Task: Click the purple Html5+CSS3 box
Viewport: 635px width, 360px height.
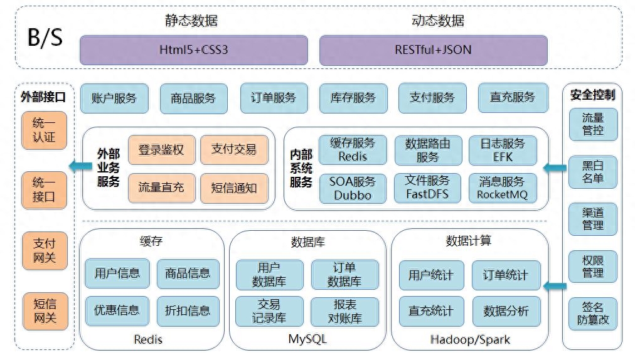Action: [x=194, y=50]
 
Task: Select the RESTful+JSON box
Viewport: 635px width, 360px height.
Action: [x=434, y=50]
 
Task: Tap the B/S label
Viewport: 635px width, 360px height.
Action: [x=45, y=38]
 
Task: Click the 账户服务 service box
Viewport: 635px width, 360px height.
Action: [x=114, y=98]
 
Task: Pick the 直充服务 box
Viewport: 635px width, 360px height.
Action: [x=513, y=98]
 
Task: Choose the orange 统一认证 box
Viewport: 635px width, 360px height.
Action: [x=44, y=130]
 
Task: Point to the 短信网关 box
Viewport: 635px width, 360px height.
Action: [x=45, y=311]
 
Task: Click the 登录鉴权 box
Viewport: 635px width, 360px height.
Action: [x=162, y=150]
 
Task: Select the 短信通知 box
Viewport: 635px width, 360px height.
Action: [x=234, y=188]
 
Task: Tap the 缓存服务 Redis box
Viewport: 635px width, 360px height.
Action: [x=353, y=150]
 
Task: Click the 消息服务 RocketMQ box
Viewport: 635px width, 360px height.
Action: [x=503, y=188]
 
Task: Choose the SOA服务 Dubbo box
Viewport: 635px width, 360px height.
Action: [x=353, y=188]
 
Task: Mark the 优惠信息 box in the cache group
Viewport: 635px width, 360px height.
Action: [x=117, y=310]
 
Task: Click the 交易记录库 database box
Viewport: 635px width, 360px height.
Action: [x=269, y=312]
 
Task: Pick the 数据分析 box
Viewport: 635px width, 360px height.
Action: [x=506, y=311]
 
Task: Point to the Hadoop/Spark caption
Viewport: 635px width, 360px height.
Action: [x=470, y=339]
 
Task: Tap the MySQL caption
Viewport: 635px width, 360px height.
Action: [x=307, y=339]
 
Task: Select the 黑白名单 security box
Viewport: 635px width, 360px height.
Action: [x=593, y=172]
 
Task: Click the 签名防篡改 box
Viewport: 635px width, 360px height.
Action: [x=593, y=314]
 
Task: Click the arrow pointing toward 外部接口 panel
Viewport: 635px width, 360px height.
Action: [x=80, y=166]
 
